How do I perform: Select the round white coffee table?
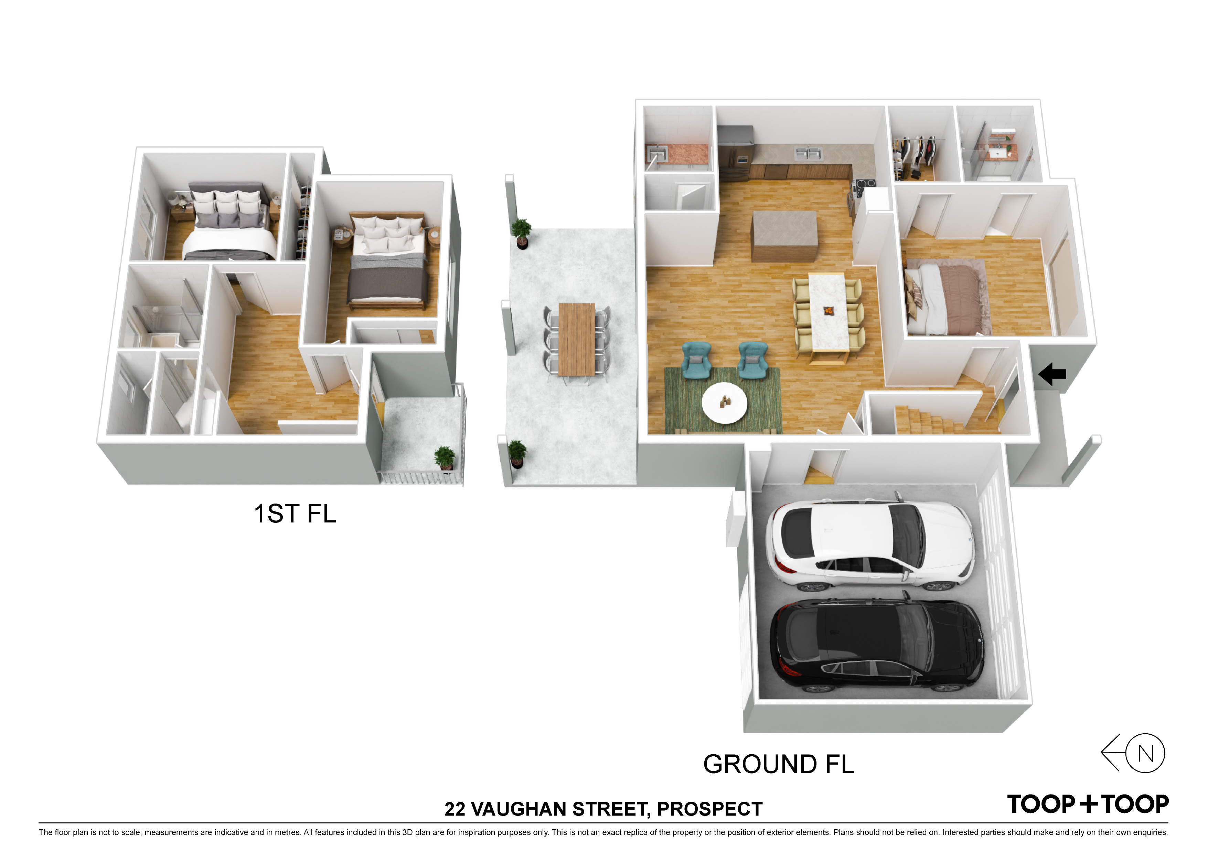point(724,403)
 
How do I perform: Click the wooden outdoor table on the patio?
point(577,339)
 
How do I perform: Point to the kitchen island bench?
point(785,236)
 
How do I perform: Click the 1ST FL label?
point(295,514)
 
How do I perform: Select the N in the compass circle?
point(1145,754)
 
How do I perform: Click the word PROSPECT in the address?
point(710,809)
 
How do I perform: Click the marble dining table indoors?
point(829,311)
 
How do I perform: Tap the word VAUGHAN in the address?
point(518,809)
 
